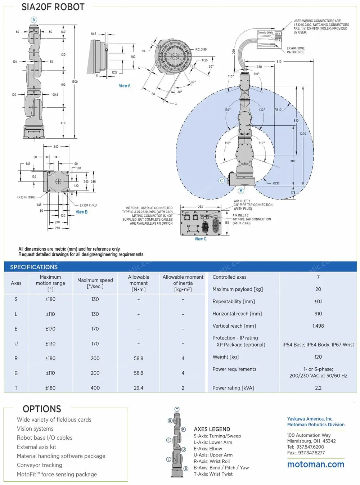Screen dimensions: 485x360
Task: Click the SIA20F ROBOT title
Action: coord(53,7)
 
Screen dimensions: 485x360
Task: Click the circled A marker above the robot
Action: coord(34,20)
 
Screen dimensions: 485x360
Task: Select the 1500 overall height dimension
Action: coord(75,82)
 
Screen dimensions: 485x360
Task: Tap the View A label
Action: coord(125,86)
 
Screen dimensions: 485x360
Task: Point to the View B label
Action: coord(81,212)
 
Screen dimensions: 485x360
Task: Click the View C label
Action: coord(201,239)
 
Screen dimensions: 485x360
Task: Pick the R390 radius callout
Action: coord(276,183)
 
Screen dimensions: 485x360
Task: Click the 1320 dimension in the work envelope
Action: coord(303,134)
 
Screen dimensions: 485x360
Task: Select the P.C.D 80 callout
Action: coord(201,49)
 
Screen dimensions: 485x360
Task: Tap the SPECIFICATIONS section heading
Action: coord(34,267)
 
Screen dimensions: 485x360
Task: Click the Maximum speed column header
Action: coord(95,283)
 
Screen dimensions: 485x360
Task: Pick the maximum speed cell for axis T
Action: coord(95,388)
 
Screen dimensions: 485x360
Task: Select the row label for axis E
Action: coord(16,329)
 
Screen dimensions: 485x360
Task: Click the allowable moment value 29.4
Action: coord(139,388)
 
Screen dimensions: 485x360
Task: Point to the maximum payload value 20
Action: coord(318,289)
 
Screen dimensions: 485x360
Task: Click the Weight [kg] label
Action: coord(225,357)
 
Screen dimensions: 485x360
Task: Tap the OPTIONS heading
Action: coord(42,409)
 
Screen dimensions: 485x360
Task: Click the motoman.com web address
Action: coord(316,464)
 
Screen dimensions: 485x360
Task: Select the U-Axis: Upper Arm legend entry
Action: coord(213,455)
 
